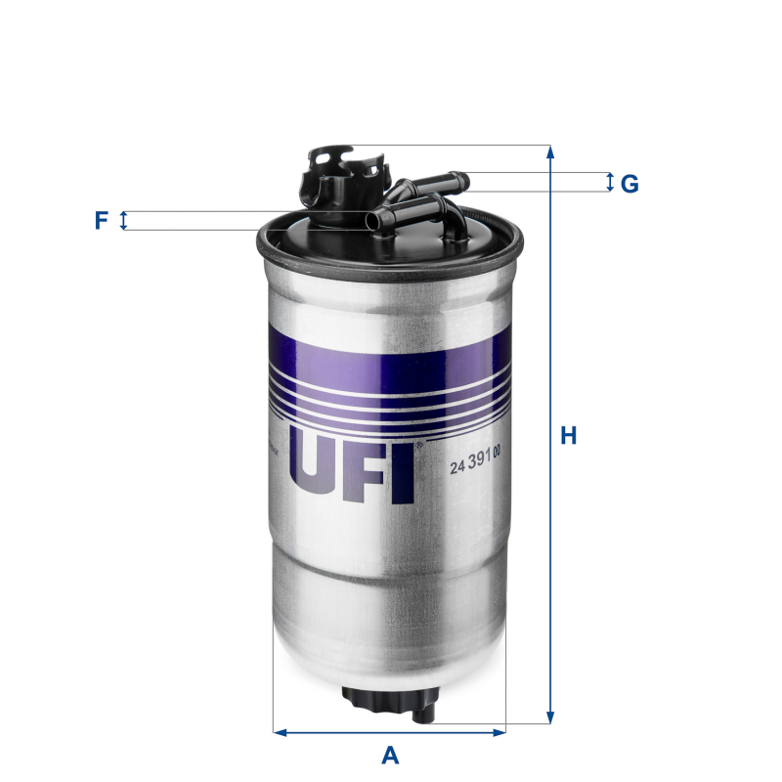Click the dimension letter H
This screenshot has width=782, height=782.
[568, 435]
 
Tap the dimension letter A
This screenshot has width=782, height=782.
[390, 755]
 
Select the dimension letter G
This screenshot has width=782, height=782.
[630, 183]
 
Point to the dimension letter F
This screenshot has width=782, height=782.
[101, 221]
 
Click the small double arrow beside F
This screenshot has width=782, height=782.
[123, 221]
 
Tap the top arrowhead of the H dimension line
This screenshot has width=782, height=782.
[551, 152]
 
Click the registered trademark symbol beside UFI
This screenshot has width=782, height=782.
[418, 446]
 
